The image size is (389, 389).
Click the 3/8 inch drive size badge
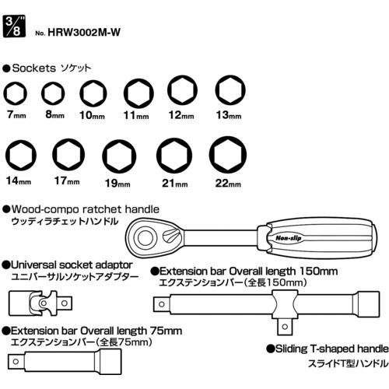(14, 26)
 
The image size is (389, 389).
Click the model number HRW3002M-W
(84, 33)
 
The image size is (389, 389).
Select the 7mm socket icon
(16, 93)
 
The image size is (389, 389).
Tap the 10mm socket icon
(93, 93)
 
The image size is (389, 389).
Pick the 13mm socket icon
(230, 90)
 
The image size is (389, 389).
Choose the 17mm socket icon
(68, 155)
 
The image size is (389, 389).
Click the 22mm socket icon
(228, 155)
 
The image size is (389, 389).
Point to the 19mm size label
(117, 183)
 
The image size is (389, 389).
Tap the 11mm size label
(136, 115)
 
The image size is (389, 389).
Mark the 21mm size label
(175, 183)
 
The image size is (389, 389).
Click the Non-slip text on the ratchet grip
(289, 238)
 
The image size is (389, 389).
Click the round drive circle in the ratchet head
(145, 238)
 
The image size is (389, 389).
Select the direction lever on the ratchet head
(171, 236)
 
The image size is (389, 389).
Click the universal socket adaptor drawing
(40, 303)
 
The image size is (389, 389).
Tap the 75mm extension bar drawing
(65, 362)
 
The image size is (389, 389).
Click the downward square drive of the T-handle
(285, 327)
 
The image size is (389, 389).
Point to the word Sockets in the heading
(34, 68)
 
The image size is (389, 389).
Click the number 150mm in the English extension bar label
(318, 272)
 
